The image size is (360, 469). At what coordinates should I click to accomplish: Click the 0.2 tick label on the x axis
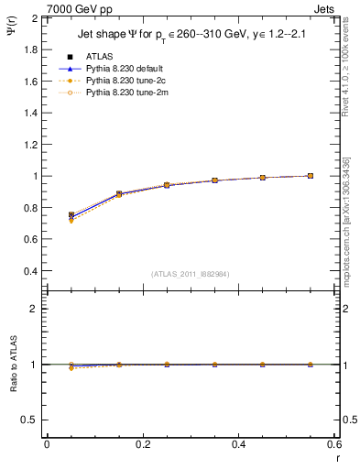pyautogui.click(x=142, y=444)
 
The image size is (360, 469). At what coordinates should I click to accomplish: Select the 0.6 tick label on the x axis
pyautogui.click(x=333, y=444)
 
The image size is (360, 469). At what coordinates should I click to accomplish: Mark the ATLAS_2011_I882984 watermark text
pyautogui.click(x=191, y=274)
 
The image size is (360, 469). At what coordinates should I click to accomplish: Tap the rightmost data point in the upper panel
pyautogui.click(x=310, y=176)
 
